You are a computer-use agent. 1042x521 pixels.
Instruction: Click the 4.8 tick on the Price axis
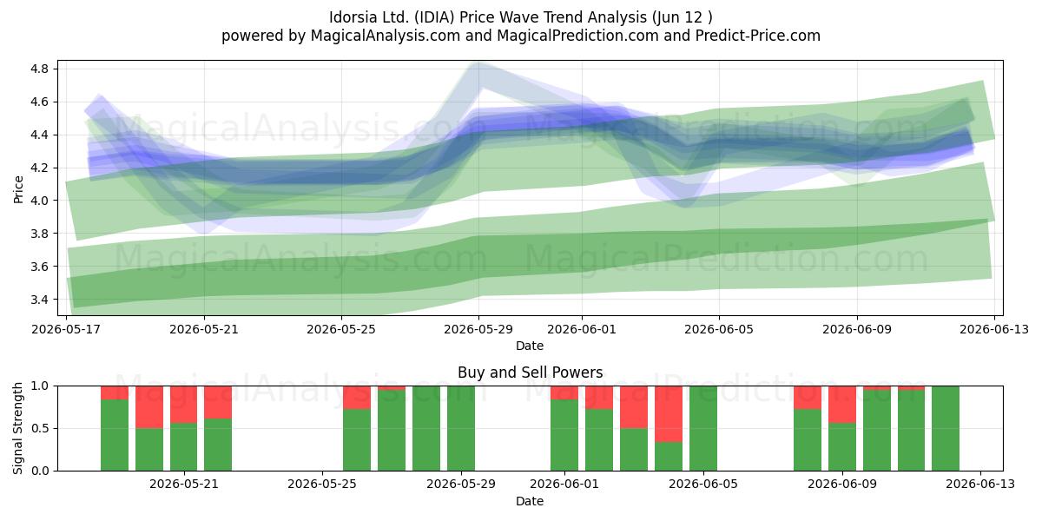(x=39, y=69)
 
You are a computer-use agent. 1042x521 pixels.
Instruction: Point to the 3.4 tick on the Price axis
(x=39, y=300)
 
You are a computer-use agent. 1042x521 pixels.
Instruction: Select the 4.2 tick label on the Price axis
(x=39, y=168)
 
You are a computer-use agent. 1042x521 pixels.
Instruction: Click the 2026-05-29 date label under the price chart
(x=478, y=329)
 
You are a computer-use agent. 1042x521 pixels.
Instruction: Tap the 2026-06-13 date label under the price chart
(x=994, y=329)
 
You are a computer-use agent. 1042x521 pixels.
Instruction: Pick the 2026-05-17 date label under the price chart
(x=66, y=329)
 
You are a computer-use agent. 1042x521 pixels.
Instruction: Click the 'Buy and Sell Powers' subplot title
(x=531, y=373)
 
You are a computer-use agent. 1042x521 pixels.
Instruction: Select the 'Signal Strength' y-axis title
(x=17, y=428)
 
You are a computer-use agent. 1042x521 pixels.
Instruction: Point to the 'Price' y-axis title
(x=18, y=189)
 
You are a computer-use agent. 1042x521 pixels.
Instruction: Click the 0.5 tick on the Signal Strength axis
(x=40, y=428)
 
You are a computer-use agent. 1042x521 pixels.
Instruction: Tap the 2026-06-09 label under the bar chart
(x=842, y=484)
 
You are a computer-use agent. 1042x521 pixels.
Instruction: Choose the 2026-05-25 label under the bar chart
(x=322, y=484)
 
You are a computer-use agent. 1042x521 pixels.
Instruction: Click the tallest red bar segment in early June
(x=669, y=414)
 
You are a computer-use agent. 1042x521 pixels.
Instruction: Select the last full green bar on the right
(x=946, y=428)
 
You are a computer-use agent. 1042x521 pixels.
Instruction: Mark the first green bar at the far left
(x=115, y=435)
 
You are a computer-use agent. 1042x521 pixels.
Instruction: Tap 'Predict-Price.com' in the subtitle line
(x=758, y=36)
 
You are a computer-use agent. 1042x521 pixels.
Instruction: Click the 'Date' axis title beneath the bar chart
(x=530, y=501)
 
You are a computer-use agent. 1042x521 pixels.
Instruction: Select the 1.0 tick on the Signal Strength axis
(x=40, y=386)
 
